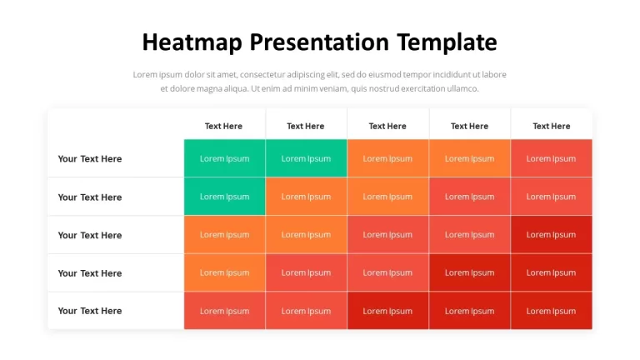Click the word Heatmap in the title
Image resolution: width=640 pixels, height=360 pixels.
(192, 42)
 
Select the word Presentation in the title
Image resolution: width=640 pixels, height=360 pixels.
(319, 42)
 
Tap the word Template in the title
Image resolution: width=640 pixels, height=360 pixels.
(447, 42)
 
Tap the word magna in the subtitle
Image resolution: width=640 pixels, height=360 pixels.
(209, 89)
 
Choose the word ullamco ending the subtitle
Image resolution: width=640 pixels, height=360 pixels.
(462, 88)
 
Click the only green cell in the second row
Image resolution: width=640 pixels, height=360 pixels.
(224, 197)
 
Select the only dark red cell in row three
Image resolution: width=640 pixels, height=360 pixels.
(551, 235)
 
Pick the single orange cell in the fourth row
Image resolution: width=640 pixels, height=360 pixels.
(224, 272)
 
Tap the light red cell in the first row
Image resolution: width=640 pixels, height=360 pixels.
(551, 158)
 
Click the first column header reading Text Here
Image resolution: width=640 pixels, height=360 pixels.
(223, 126)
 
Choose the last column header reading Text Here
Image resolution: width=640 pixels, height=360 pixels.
(552, 126)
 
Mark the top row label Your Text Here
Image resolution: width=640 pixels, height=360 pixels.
(90, 159)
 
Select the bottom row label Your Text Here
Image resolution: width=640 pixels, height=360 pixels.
(90, 311)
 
